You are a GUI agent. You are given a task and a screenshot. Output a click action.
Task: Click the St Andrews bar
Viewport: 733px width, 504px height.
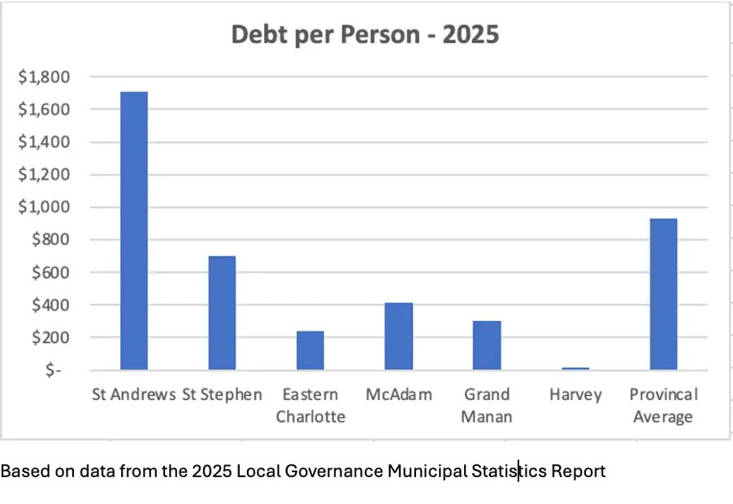(133, 231)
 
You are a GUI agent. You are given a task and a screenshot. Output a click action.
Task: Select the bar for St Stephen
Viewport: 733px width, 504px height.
(222, 313)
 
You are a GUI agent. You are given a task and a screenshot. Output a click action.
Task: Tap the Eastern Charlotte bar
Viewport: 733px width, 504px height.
(310, 350)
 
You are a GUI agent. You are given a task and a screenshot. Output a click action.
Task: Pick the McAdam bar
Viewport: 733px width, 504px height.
(398, 337)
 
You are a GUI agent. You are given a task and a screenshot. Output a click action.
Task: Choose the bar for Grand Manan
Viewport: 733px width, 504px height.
(487, 345)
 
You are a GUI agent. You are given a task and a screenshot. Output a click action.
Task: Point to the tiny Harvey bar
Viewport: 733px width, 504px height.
(575, 368)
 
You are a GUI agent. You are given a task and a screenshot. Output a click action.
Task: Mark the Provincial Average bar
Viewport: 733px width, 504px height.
(663, 294)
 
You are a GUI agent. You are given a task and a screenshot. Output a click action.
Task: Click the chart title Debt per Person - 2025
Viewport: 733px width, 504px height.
(366, 35)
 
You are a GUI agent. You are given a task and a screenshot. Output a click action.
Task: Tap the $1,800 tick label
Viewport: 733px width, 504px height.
(45, 77)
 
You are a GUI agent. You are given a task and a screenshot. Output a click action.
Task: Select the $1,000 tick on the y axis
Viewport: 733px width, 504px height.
(45, 207)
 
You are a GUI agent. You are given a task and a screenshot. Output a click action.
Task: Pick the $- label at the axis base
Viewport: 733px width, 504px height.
(54, 370)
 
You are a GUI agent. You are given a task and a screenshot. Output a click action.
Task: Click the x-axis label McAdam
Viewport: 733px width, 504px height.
(398, 395)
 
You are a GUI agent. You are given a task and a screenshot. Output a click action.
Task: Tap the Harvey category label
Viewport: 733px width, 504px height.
(575, 395)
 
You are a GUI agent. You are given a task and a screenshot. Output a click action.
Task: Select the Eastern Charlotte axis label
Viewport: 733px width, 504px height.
(310, 406)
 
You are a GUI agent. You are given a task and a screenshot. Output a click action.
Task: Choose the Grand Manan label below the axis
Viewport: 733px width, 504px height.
(488, 406)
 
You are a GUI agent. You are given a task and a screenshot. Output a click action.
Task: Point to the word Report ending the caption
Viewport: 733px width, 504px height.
(578, 471)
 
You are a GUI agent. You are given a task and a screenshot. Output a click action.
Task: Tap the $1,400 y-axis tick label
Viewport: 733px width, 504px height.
(45, 142)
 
